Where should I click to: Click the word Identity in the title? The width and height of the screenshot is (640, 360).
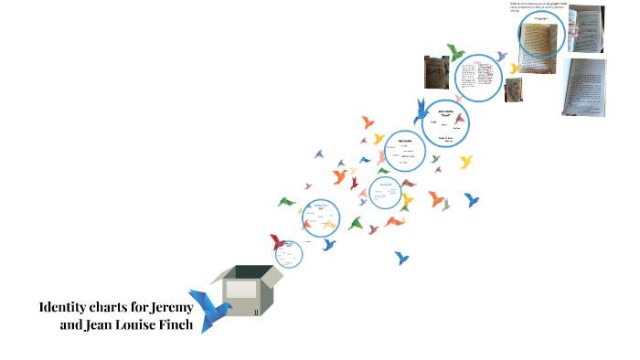tap(65, 306)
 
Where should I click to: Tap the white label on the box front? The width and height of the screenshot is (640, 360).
tap(240, 290)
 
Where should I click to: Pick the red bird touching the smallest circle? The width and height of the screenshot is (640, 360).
tap(277, 243)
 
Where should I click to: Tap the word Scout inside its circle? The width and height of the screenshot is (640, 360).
tap(447, 115)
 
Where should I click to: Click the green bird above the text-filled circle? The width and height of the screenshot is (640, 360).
tap(454, 51)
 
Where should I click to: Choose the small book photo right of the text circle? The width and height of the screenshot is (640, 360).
tap(515, 90)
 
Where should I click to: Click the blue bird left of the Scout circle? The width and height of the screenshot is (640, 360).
tap(420, 109)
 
